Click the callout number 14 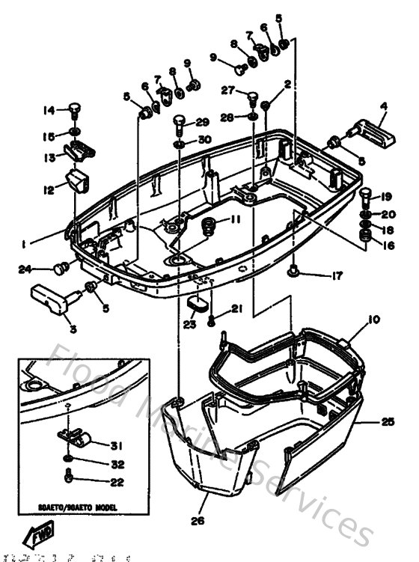49,111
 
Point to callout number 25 387,422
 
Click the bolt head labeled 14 74,110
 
